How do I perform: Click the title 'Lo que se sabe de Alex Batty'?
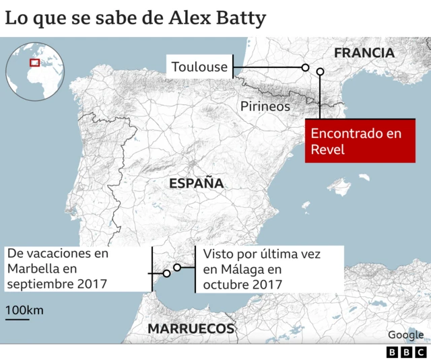tap(135, 17)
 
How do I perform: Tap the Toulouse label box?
tap(199, 67)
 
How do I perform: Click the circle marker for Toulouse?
tap(305, 67)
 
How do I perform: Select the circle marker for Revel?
tap(320, 71)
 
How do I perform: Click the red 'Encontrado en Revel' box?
tap(360, 141)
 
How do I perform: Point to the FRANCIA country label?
tap(364, 52)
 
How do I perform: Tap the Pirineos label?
tap(265, 106)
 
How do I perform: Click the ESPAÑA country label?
tap(196, 183)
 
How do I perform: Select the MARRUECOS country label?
tap(191, 329)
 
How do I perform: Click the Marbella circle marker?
tap(166, 273)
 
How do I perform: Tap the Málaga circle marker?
tap(177, 267)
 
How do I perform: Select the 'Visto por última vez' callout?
tap(269, 269)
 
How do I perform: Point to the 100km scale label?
tap(24, 310)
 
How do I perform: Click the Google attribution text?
tap(405, 334)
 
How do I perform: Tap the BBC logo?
tap(406, 352)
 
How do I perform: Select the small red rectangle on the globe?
tap(34, 63)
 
